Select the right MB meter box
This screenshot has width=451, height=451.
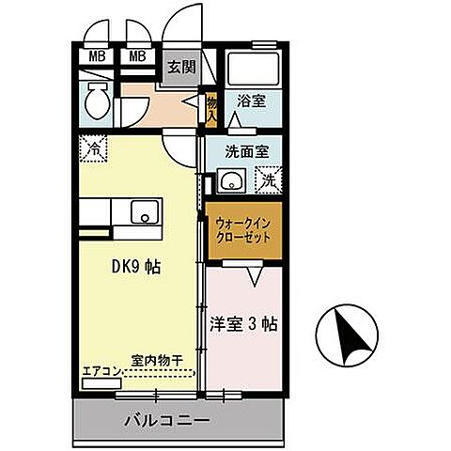[x=136, y=56]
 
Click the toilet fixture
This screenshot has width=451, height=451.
[x=95, y=100]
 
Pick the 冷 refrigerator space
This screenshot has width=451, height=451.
[x=93, y=148]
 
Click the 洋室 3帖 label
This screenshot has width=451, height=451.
[x=243, y=325]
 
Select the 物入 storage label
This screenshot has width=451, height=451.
[x=212, y=108]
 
